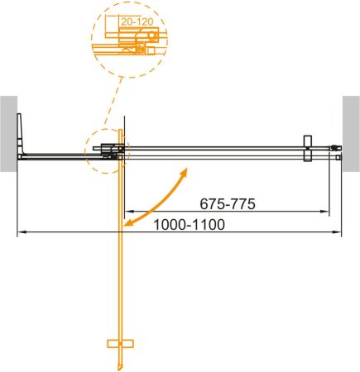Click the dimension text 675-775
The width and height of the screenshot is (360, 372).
[227, 203]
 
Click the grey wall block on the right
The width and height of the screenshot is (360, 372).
[351, 132]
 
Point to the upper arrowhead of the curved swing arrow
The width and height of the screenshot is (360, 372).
[186, 171]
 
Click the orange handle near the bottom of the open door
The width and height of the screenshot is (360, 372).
[120, 343]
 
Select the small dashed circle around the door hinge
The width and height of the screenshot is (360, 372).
[105, 151]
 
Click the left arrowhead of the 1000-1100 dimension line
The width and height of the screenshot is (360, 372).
[20, 233]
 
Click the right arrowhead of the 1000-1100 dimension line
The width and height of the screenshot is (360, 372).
[339, 233]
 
